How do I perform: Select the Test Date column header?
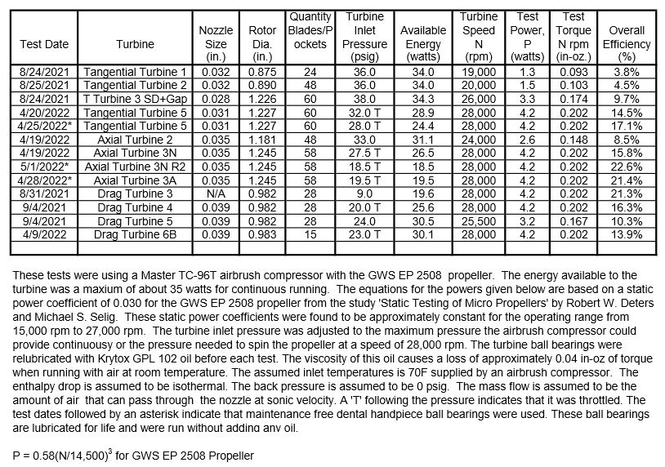click(46, 44)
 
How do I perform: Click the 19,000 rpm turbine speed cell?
click(479, 72)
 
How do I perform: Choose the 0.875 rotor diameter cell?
click(262, 72)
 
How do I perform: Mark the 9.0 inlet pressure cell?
click(364, 193)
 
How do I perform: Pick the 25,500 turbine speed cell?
click(479, 220)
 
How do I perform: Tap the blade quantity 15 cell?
click(310, 234)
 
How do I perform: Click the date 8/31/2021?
click(46, 193)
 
